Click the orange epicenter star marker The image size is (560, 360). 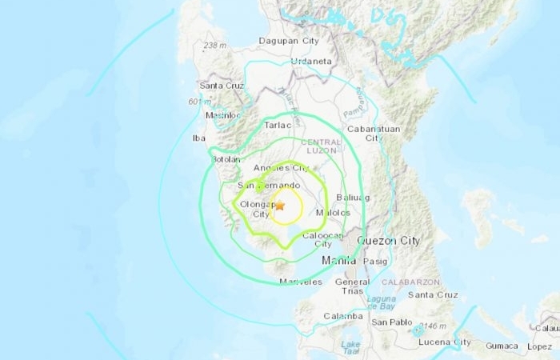[x=279, y=206]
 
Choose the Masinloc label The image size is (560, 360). [x=224, y=116]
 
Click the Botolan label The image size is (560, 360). [x=225, y=159]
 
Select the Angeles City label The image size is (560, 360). [x=281, y=168]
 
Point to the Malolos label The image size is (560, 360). [x=334, y=213]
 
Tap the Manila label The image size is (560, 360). [x=338, y=261]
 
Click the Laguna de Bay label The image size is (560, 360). [x=382, y=302]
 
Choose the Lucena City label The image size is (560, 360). [x=441, y=342]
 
